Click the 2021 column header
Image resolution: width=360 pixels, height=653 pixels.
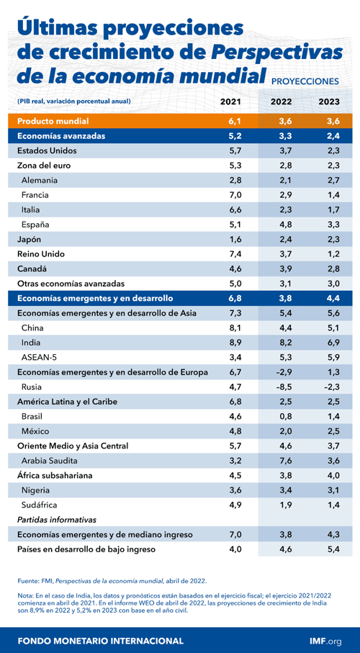234,102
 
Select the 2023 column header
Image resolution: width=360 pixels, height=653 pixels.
328,102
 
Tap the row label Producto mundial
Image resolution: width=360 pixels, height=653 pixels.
53,120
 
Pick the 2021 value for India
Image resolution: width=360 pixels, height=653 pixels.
234,343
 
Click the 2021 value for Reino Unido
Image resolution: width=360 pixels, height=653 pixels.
234,253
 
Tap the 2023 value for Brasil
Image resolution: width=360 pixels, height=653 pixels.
328,416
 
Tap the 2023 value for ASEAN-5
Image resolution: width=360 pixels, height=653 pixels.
328,357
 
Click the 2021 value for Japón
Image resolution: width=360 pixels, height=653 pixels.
234,239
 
